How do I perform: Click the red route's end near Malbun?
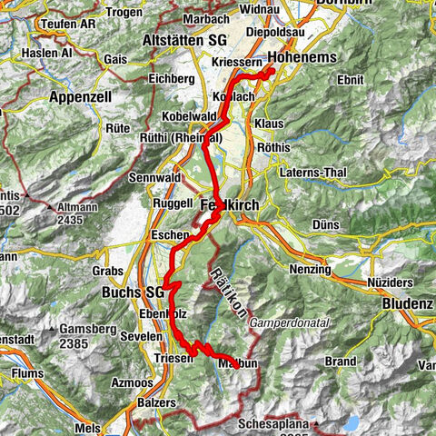pos(238,364)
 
